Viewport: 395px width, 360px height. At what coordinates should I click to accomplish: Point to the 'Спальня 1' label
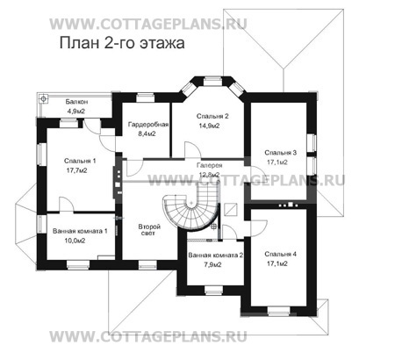(81, 162)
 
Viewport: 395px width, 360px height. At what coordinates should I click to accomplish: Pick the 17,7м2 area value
(81, 172)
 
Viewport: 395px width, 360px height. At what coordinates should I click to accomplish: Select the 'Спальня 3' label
(280, 152)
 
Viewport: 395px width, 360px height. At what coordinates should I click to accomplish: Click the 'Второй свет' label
(148, 231)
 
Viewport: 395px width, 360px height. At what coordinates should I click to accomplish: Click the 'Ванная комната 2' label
(216, 256)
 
